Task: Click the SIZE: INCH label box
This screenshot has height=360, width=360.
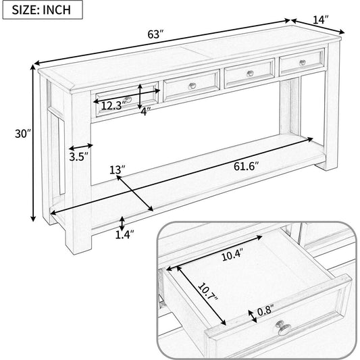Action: [43, 10]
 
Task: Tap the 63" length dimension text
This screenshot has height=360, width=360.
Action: [155, 34]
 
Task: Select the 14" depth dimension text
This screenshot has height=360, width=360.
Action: [321, 20]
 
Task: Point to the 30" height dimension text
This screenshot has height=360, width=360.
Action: [23, 134]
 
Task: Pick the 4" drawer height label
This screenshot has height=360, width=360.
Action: [146, 111]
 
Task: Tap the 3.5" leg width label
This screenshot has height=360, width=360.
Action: [79, 157]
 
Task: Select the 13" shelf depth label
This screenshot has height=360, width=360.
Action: [118, 170]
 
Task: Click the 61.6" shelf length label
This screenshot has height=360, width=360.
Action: [246, 166]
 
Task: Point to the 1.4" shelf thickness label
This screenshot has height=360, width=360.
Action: [124, 234]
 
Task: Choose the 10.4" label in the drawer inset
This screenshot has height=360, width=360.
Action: [232, 255]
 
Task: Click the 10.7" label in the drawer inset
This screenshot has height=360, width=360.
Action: [208, 292]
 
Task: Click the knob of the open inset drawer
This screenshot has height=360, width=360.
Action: [283, 328]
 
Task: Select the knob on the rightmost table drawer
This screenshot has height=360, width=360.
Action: [303, 62]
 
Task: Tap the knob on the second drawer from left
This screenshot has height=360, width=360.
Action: [192, 86]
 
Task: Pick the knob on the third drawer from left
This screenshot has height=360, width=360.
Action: [250, 73]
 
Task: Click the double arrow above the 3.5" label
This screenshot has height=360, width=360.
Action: [81, 147]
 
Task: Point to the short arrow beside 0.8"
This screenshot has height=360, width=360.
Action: [253, 316]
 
